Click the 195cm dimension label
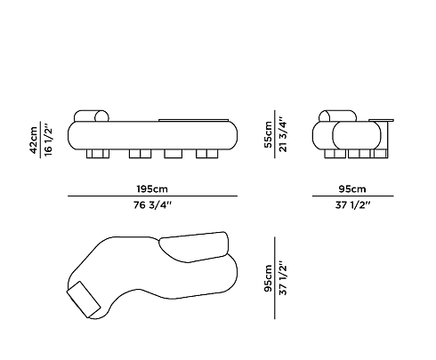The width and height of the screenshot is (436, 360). (152, 188)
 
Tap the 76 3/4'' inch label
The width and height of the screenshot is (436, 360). (152, 204)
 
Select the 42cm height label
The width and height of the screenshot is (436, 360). (34, 140)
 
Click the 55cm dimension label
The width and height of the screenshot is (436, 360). (268, 134)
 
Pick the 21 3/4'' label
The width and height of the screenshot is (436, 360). (283, 134)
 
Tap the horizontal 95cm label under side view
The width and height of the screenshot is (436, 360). (352, 188)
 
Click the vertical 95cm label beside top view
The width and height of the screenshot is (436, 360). (268, 278)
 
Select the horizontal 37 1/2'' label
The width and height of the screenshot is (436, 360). (353, 204)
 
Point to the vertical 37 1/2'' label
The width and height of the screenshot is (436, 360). (283, 278)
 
